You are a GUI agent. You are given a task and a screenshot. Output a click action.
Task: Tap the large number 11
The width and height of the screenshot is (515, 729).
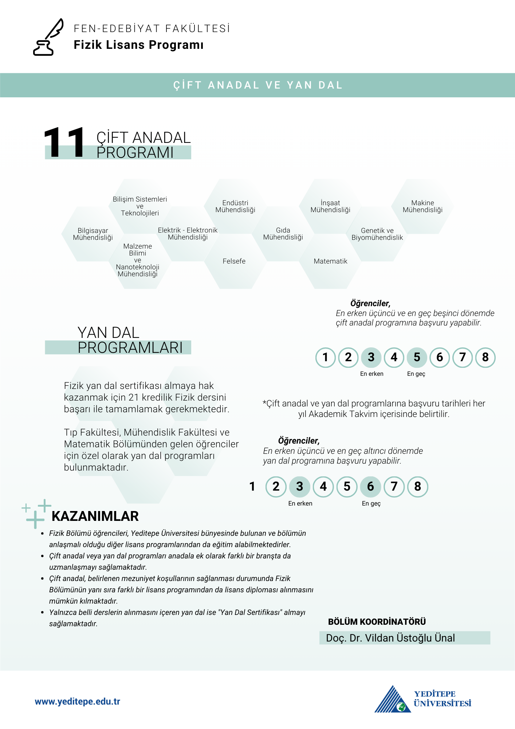tap(64, 143)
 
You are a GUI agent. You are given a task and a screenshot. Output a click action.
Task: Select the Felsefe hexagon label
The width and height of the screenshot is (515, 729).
tap(234, 261)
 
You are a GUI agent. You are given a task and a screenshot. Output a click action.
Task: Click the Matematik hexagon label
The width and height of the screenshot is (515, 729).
tap(330, 261)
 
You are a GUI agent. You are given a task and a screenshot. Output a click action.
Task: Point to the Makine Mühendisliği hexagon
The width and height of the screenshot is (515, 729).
tap(422, 206)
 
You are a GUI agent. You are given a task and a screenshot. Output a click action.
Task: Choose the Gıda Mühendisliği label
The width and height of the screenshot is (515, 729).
tap(283, 234)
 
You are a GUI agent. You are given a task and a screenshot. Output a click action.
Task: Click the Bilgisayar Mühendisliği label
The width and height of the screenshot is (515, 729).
tap(93, 234)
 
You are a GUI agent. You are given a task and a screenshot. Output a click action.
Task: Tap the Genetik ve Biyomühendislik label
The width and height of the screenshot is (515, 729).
tap(377, 234)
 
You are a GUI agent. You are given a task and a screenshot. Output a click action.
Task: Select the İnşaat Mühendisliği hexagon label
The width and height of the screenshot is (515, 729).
tap(330, 206)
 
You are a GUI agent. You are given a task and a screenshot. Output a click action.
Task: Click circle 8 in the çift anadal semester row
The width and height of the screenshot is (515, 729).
tap(485, 357)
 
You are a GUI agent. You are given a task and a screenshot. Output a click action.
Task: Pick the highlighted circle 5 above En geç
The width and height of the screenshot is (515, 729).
tap(417, 357)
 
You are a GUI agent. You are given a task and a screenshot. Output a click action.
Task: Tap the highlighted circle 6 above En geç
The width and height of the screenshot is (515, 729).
tap(370, 487)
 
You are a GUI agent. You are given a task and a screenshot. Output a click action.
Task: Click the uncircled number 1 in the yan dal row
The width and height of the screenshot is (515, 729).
tap(252, 487)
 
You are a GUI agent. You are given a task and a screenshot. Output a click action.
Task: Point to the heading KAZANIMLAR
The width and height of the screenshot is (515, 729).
tap(95, 516)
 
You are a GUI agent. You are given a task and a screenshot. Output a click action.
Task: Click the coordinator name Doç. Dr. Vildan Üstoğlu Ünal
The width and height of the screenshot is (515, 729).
tap(390, 638)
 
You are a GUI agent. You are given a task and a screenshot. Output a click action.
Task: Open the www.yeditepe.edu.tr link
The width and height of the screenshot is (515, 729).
tap(78, 702)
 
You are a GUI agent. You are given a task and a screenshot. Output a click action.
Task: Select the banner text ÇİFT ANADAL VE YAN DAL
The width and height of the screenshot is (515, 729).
tap(258, 85)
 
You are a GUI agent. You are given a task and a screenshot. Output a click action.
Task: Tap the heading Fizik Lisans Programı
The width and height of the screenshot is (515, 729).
tap(138, 45)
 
